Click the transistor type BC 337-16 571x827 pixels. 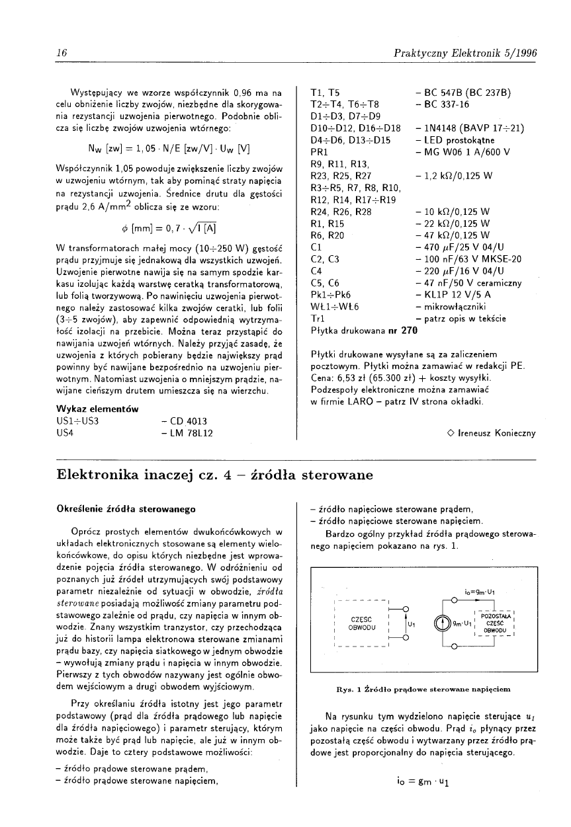pyautogui.click(x=443, y=104)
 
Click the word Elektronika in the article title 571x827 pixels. pyautogui.click(x=97, y=475)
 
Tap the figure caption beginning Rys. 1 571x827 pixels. pyautogui.click(x=423, y=689)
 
